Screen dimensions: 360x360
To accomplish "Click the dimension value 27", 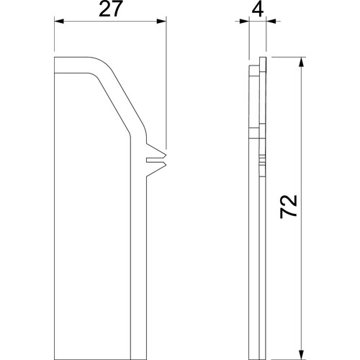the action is coord(109,9).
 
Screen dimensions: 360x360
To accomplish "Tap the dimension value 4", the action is coord(258,9).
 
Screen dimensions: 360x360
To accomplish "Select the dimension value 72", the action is coord(289,207).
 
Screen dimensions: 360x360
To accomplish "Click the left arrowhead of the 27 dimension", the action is coord(59,22).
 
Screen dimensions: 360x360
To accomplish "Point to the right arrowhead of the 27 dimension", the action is coord(161,22).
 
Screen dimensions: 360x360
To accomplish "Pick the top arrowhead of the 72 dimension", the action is coord(301,62).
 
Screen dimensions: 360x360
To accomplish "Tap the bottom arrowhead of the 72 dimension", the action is coord(301,355).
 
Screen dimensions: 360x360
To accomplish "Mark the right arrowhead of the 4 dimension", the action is coord(271,22).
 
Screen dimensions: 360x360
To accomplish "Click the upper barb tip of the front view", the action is coord(166,154).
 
